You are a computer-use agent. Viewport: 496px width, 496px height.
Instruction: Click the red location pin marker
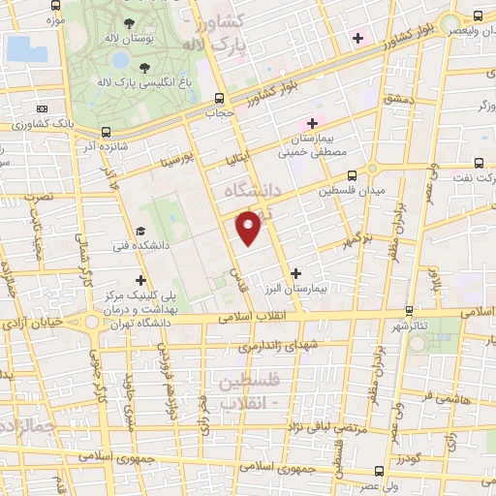[x=250, y=227]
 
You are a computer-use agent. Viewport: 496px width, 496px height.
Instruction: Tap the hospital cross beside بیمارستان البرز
[x=295, y=273]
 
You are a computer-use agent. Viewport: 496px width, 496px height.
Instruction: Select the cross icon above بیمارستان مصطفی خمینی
[x=311, y=122]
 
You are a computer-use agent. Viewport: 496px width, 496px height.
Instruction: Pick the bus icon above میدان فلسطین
[x=351, y=175]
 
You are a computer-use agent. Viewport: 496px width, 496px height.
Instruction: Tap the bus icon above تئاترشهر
[x=409, y=311]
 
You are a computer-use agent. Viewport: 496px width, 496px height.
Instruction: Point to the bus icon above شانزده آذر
[x=106, y=132]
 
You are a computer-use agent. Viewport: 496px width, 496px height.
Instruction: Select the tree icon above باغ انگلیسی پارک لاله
[x=144, y=67]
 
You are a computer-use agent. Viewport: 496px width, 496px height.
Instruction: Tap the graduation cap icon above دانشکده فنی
[x=140, y=232]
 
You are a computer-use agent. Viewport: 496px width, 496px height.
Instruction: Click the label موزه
[x=55, y=18]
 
